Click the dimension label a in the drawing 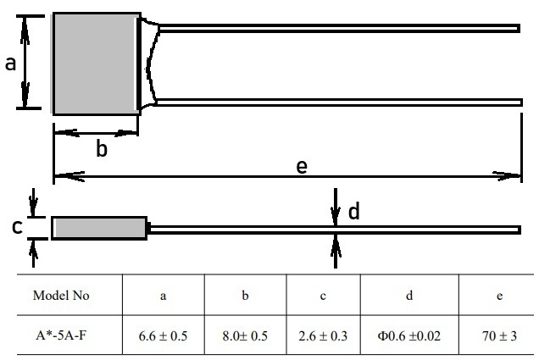coord(11,64)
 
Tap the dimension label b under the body coord(102,149)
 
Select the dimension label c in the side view coord(17,227)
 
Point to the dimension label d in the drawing coord(354,211)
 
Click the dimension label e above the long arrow coord(302,167)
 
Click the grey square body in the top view coord(97,64)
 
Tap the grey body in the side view coord(99,228)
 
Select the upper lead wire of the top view coord(339,28)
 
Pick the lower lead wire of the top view coord(340,102)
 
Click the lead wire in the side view coord(335,230)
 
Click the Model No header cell coord(61,295)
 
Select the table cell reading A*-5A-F coord(61,335)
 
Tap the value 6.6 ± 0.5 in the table coord(163,336)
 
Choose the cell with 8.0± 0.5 coord(245,335)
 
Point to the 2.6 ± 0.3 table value coord(323,336)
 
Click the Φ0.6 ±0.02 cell coord(409,335)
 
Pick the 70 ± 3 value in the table coord(499,336)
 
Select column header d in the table coord(409,296)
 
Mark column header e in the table coord(500,296)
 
